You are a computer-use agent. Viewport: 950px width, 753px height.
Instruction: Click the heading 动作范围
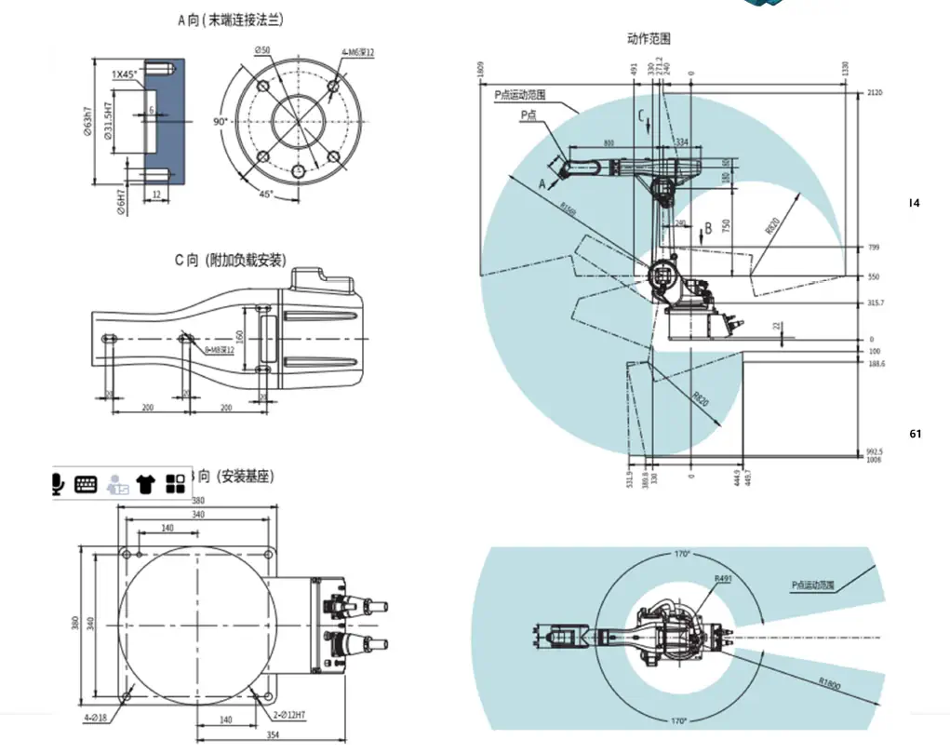(649, 38)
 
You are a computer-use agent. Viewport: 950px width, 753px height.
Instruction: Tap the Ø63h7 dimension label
(86, 121)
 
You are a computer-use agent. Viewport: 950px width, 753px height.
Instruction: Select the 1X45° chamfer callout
(125, 74)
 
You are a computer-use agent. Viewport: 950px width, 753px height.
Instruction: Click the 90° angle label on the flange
(221, 122)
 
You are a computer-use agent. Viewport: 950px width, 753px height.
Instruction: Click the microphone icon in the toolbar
(59, 483)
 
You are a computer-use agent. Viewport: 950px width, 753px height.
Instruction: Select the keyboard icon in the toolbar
(86, 483)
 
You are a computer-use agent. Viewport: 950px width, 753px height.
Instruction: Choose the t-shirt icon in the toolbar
(145, 483)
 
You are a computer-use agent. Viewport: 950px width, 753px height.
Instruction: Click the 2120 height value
(873, 93)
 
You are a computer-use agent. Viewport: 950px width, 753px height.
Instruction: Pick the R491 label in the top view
(723, 579)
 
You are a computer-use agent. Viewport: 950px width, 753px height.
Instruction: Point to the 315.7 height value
(876, 303)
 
